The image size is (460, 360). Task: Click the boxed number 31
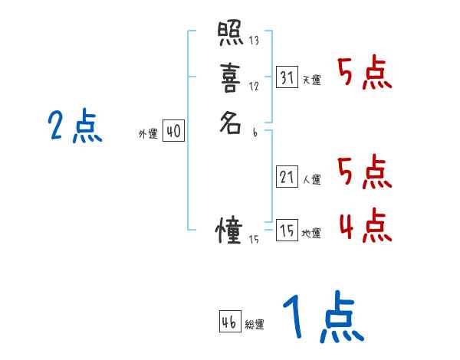pyautogui.click(x=287, y=77)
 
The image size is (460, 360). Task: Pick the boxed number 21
pyautogui.click(x=287, y=178)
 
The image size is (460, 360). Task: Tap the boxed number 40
pyautogui.click(x=173, y=132)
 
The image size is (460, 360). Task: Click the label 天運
pyautogui.click(x=311, y=80)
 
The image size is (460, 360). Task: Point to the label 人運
pyautogui.click(x=311, y=180)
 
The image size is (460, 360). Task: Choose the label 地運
pyautogui.click(x=311, y=233)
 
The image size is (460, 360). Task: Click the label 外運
pyautogui.click(x=147, y=134)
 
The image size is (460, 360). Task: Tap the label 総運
pyautogui.click(x=255, y=325)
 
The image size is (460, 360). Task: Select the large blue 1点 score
pyautogui.click(x=322, y=318)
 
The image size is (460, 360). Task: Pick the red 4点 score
pyautogui.click(x=365, y=226)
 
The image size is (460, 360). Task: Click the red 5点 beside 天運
pyautogui.click(x=365, y=74)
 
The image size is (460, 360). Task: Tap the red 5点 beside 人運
pyautogui.click(x=365, y=173)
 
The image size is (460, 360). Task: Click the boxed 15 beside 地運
pyautogui.click(x=287, y=231)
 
